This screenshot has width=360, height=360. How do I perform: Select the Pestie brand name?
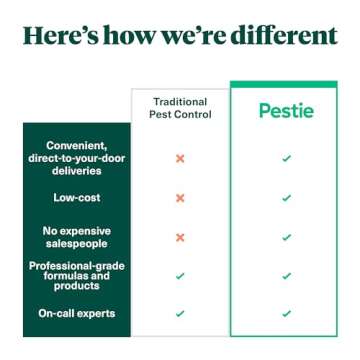285,109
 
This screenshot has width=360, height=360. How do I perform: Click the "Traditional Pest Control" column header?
181,108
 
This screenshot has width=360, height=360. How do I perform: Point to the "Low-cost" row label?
77,198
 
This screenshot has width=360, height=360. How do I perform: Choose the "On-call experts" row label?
77,313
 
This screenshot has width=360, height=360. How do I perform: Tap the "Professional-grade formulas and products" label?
77,274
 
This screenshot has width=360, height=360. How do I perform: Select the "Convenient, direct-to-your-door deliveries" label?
77,157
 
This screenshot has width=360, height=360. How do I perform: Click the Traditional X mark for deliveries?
180,158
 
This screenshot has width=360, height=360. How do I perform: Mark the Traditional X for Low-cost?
180,198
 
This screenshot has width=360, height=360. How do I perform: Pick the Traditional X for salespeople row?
180,237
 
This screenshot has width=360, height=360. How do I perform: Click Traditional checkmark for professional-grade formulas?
180,275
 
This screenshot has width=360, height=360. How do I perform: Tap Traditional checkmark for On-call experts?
180,313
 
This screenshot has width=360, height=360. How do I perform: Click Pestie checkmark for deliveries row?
286,158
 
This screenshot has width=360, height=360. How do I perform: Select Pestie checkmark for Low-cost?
286,198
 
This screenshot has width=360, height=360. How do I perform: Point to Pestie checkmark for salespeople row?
286,237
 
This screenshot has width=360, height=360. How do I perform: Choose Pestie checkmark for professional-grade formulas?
286,275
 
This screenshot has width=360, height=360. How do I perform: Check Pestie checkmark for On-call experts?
286,313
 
